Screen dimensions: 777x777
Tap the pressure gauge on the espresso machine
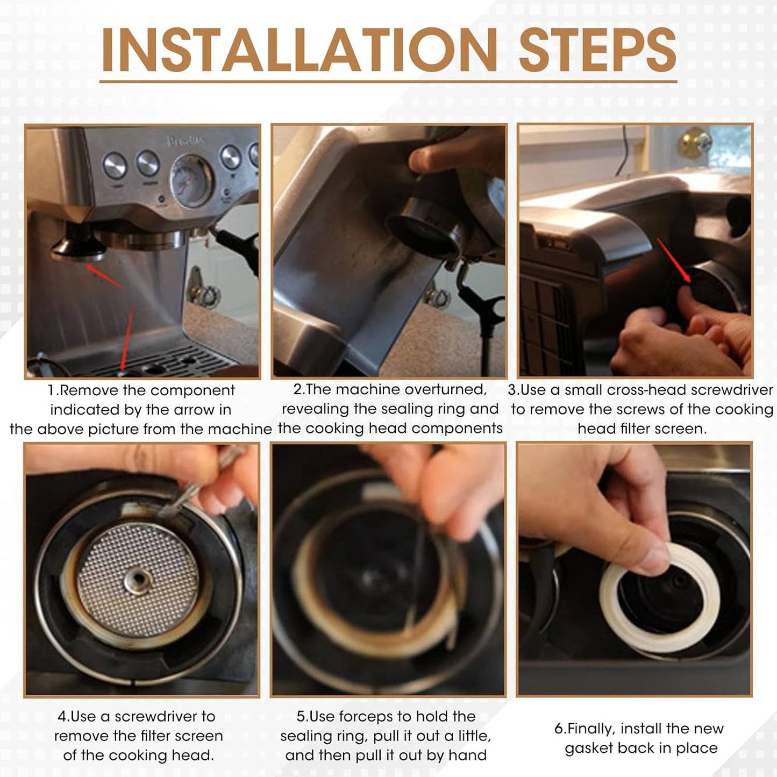[190, 180]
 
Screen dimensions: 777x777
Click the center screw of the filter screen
[138, 580]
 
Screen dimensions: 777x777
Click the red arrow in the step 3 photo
[674, 260]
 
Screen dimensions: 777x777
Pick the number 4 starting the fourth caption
[62, 717]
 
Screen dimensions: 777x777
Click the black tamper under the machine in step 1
[79, 244]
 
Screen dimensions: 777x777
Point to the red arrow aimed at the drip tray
[127, 337]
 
